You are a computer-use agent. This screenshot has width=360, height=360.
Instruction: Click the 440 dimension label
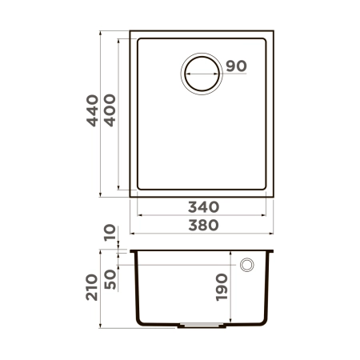(94, 111)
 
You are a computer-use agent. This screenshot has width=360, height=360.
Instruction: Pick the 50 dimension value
(110, 278)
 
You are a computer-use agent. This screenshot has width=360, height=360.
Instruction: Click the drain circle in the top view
(203, 74)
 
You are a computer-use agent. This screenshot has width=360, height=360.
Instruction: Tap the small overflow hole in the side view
(247, 265)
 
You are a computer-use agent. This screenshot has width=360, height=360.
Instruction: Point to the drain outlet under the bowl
(202, 326)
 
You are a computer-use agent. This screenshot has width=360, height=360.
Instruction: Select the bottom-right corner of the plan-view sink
(273, 195)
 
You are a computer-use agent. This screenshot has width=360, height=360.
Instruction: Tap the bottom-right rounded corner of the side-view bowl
(265, 322)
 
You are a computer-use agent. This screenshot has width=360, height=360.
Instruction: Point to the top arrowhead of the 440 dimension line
(101, 34)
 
